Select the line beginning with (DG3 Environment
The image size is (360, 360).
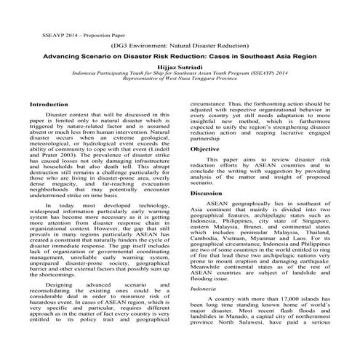179,44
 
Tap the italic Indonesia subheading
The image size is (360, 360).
204,289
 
